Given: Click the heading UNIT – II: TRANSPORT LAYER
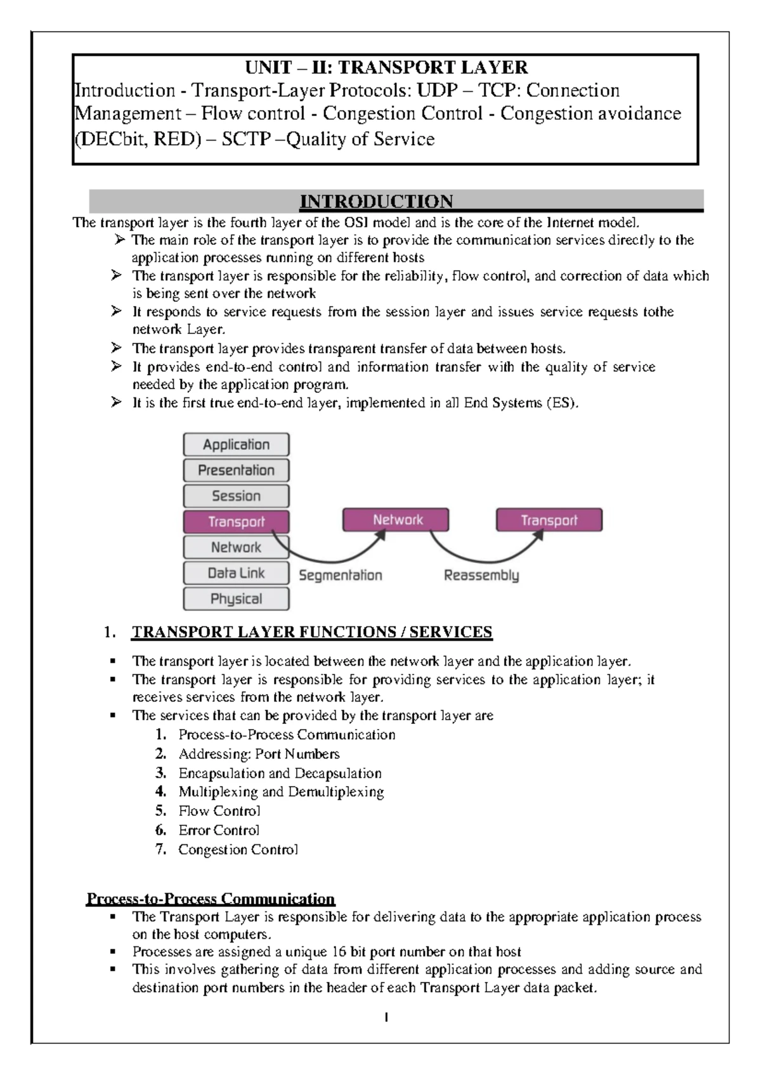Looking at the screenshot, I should pos(386,67).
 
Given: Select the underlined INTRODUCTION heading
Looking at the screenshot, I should pos(376,202).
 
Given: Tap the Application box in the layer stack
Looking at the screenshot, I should pos(236,444).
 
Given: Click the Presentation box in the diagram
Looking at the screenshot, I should pos(236,470).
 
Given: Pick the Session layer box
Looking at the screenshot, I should pos(236,496).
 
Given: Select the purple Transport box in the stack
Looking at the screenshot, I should pos(236,522).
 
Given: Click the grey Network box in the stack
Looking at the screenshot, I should pos(236,547).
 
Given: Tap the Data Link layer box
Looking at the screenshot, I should pos(236,573).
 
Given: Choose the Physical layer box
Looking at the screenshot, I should pos(236,599).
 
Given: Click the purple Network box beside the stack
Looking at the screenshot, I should pos(396,520).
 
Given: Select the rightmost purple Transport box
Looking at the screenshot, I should pos(549,520).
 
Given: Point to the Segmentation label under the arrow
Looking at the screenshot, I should pos(341,576).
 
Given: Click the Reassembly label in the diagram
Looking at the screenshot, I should pos(481,576).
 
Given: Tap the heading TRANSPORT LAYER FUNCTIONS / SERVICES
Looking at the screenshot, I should pos(311,632).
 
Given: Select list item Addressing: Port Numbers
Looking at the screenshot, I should pos(259,754).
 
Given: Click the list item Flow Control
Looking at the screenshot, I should pos(219,811).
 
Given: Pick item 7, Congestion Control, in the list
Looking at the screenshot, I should pos(238,849).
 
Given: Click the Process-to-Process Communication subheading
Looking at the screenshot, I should pos(211,899).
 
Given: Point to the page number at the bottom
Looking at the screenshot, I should pos(386,1017).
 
